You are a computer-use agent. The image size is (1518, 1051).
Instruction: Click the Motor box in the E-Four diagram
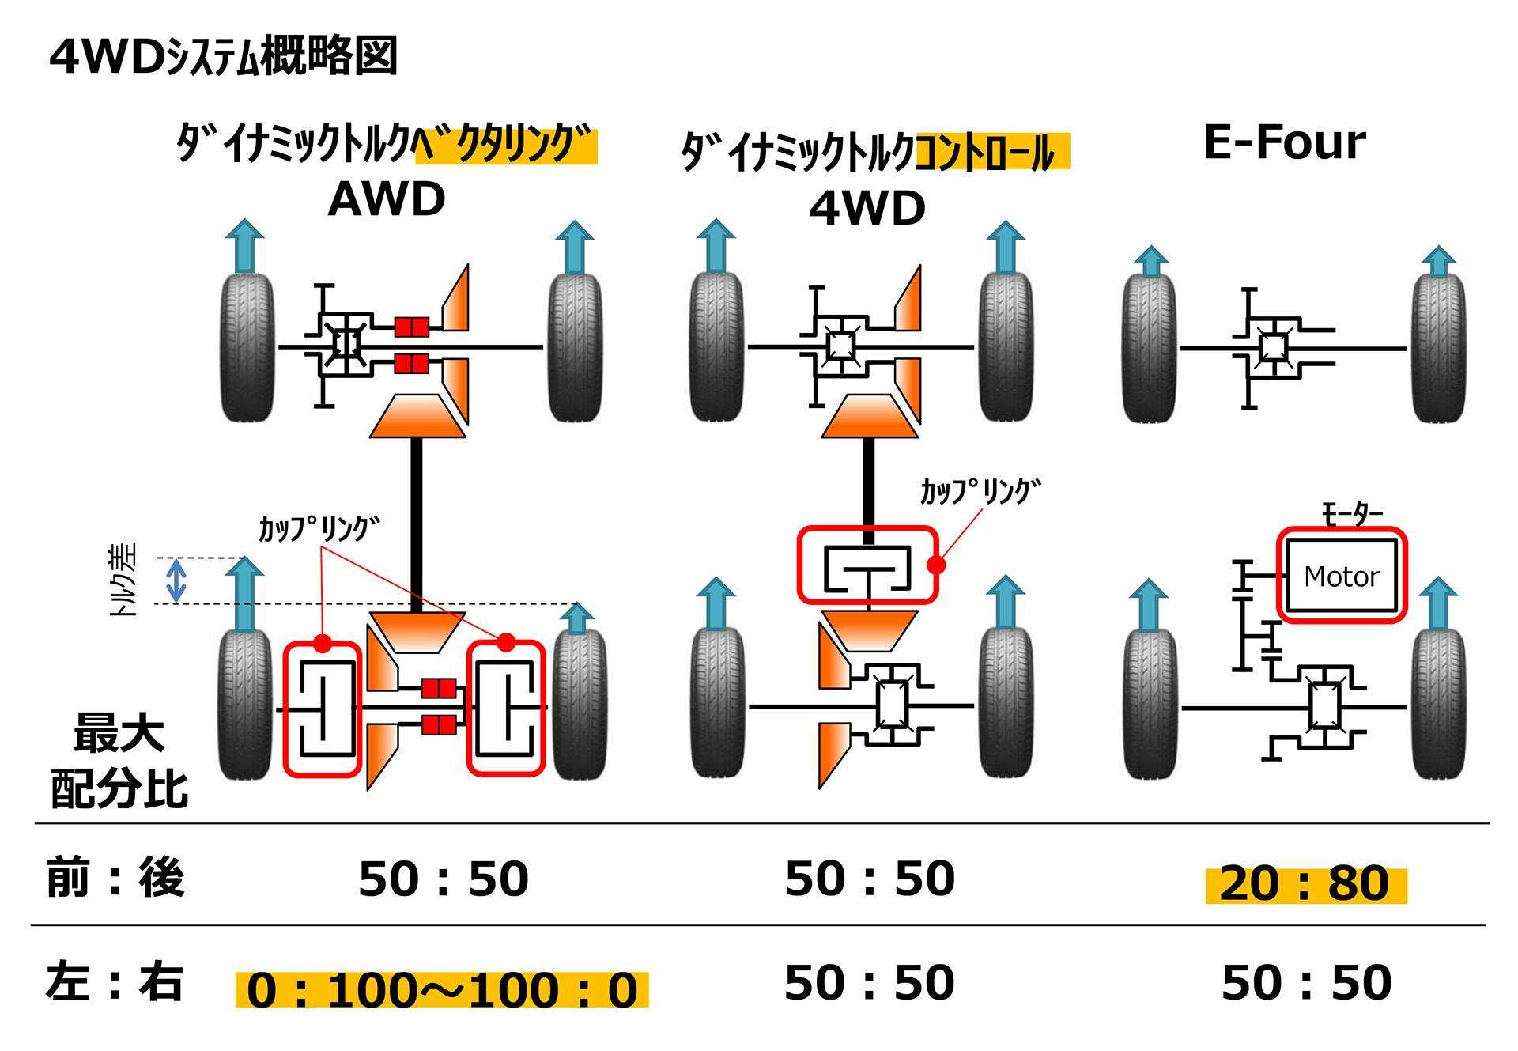click(1342, 576)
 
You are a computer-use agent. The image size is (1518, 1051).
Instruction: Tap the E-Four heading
click(1284, 143)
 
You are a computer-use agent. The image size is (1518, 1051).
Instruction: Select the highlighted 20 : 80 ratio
click(1305, 883)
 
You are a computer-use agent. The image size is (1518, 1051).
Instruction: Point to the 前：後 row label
click(115, 878)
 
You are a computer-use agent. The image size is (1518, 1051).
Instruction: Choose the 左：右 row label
click(115, 981)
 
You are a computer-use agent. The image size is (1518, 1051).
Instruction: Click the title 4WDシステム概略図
click(223, 56)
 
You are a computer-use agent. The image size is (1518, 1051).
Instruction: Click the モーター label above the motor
click(1352, 514)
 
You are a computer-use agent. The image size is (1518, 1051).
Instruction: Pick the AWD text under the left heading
click(386, 200)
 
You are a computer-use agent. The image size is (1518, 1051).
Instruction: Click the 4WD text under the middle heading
click(867, 210)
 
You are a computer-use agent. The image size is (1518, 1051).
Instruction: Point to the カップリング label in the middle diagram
click(981, 492)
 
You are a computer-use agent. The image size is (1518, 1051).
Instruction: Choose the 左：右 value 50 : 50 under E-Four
click(1306, 982)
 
